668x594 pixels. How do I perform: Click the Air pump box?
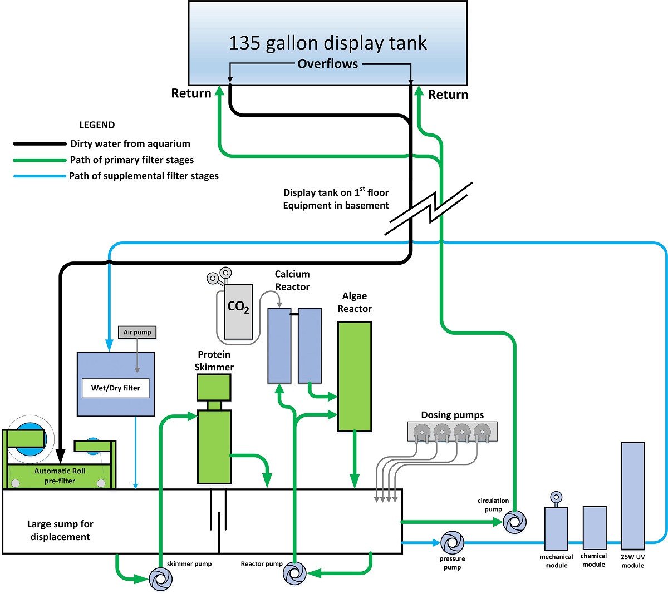pyautogui.click(x=137, y=332)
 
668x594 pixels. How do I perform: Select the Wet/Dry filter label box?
pyautogui.click(x=115, y=388)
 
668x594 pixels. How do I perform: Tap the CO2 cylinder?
pyautogui.click(x=238, y=311)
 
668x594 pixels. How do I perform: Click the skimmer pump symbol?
pyautogui.click(x=160, y=579)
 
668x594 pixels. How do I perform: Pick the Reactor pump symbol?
pyautogui.click(x=295, y=573)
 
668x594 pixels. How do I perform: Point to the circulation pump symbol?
pyautogui.click(x=515, y=522)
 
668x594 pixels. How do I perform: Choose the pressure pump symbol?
pyautogui.click(x=453, y=542)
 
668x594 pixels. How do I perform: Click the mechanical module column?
pyautogui.click(x=556, y=529)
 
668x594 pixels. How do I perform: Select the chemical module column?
pyautogui.click(x=595, y=528)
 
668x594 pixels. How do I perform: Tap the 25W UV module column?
pyautogui.click(x=633, y=496)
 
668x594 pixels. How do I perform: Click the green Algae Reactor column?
pyautogui.click(x=355, y=376)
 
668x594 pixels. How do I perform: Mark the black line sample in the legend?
pyautogui.click(x=40, y=143)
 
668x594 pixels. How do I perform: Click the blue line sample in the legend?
pyautogui.click(x=40, y=176)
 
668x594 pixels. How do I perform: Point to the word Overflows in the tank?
pyautogui.click(x=328, y=63)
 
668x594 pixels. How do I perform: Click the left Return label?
pyautogui.click(x=191, y=93)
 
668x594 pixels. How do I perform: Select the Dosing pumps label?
pyautogui.click(x=453, y=415)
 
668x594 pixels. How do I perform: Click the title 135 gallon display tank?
pyautogui.click(x=328, y=43)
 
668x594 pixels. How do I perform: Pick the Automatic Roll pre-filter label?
pyautogui.click(x=60, y=476)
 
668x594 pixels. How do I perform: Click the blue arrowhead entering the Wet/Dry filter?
pyautogui.click(x=109, y=345)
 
